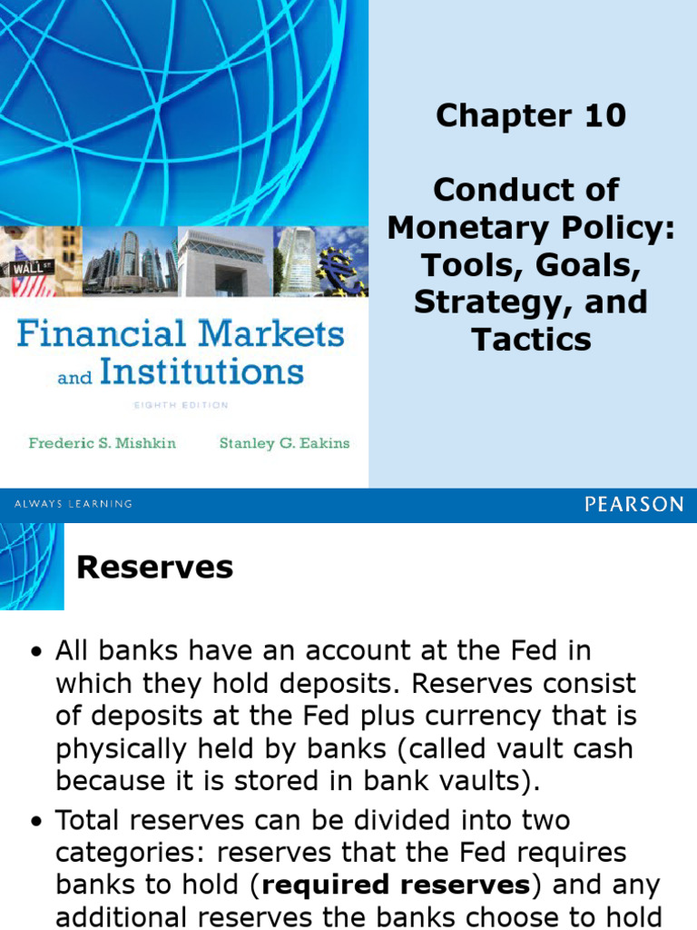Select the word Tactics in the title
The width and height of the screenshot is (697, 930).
point(531,339)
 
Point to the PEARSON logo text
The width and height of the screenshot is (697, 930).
point(634,504)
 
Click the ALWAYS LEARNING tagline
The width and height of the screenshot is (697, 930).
point(74,504)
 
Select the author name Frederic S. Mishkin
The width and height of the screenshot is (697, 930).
point(103,444)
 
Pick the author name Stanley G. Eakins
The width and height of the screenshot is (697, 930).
point(284,444)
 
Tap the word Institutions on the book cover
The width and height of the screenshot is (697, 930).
point(201,371)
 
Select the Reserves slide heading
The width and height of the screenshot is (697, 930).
point(154,568)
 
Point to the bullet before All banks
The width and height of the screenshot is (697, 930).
point(36,652)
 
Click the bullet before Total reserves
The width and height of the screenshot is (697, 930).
point(36,822)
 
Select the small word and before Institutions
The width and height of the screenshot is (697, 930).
point(74,377)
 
